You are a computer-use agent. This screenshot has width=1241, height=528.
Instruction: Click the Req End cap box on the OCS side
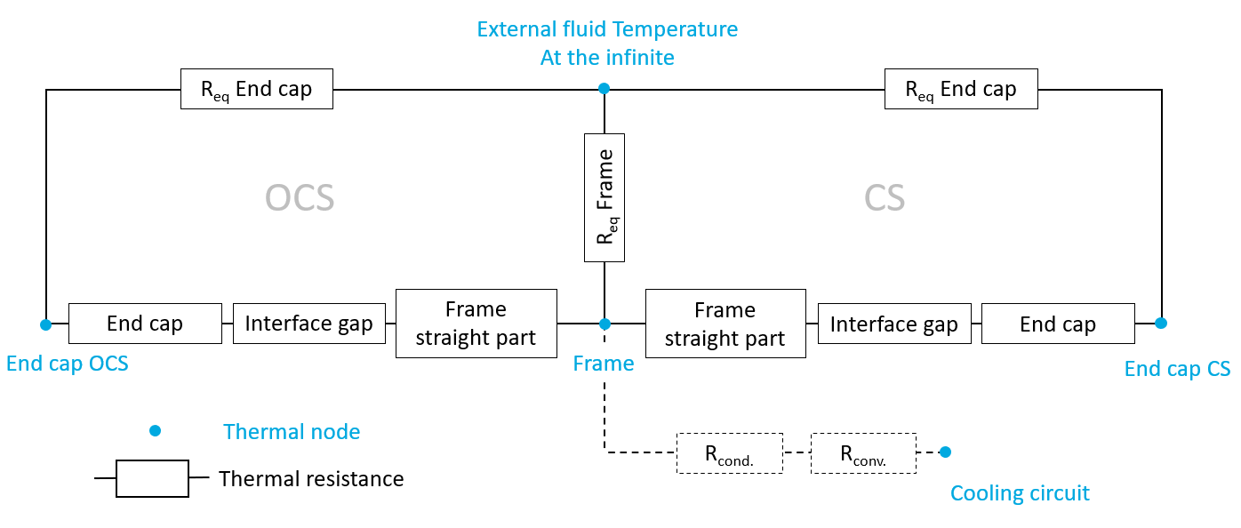coord(256,90)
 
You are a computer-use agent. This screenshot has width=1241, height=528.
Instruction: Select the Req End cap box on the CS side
coord(960,90)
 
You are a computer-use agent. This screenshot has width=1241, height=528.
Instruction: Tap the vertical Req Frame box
coord(604,197)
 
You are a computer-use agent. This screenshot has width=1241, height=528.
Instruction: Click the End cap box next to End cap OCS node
coord(145,324)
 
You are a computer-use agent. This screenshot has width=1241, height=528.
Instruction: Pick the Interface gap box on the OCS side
coord(308,324)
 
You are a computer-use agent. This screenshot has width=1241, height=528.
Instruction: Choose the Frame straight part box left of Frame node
coord(476,324)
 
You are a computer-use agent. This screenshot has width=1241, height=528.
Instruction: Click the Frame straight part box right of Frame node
coord(725,324)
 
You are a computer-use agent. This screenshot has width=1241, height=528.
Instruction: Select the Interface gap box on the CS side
coord(893,324)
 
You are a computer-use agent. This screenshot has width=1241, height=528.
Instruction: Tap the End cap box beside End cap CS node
coord(1058,324)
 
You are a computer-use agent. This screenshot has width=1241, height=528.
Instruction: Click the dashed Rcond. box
coord(730,453)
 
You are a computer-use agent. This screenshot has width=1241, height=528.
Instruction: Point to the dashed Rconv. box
coord(864,453)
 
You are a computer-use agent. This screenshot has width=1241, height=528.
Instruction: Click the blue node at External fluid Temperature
coord(604,88)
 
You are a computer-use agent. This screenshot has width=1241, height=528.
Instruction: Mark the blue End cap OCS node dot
coord(45,324)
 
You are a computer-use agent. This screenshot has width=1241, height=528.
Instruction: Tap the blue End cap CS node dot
coord(1160,323)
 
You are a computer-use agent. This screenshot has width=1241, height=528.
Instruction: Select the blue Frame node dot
coord(604,324)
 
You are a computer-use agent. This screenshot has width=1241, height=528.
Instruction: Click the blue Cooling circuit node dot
coord(945,452)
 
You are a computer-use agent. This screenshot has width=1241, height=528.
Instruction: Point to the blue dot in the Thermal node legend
coord(155,431)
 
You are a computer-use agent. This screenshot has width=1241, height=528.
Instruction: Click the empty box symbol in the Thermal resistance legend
coord(152,478)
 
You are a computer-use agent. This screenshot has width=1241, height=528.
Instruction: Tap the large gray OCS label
coord(300,198)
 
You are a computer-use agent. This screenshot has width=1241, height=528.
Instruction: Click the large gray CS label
coord(885,198)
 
